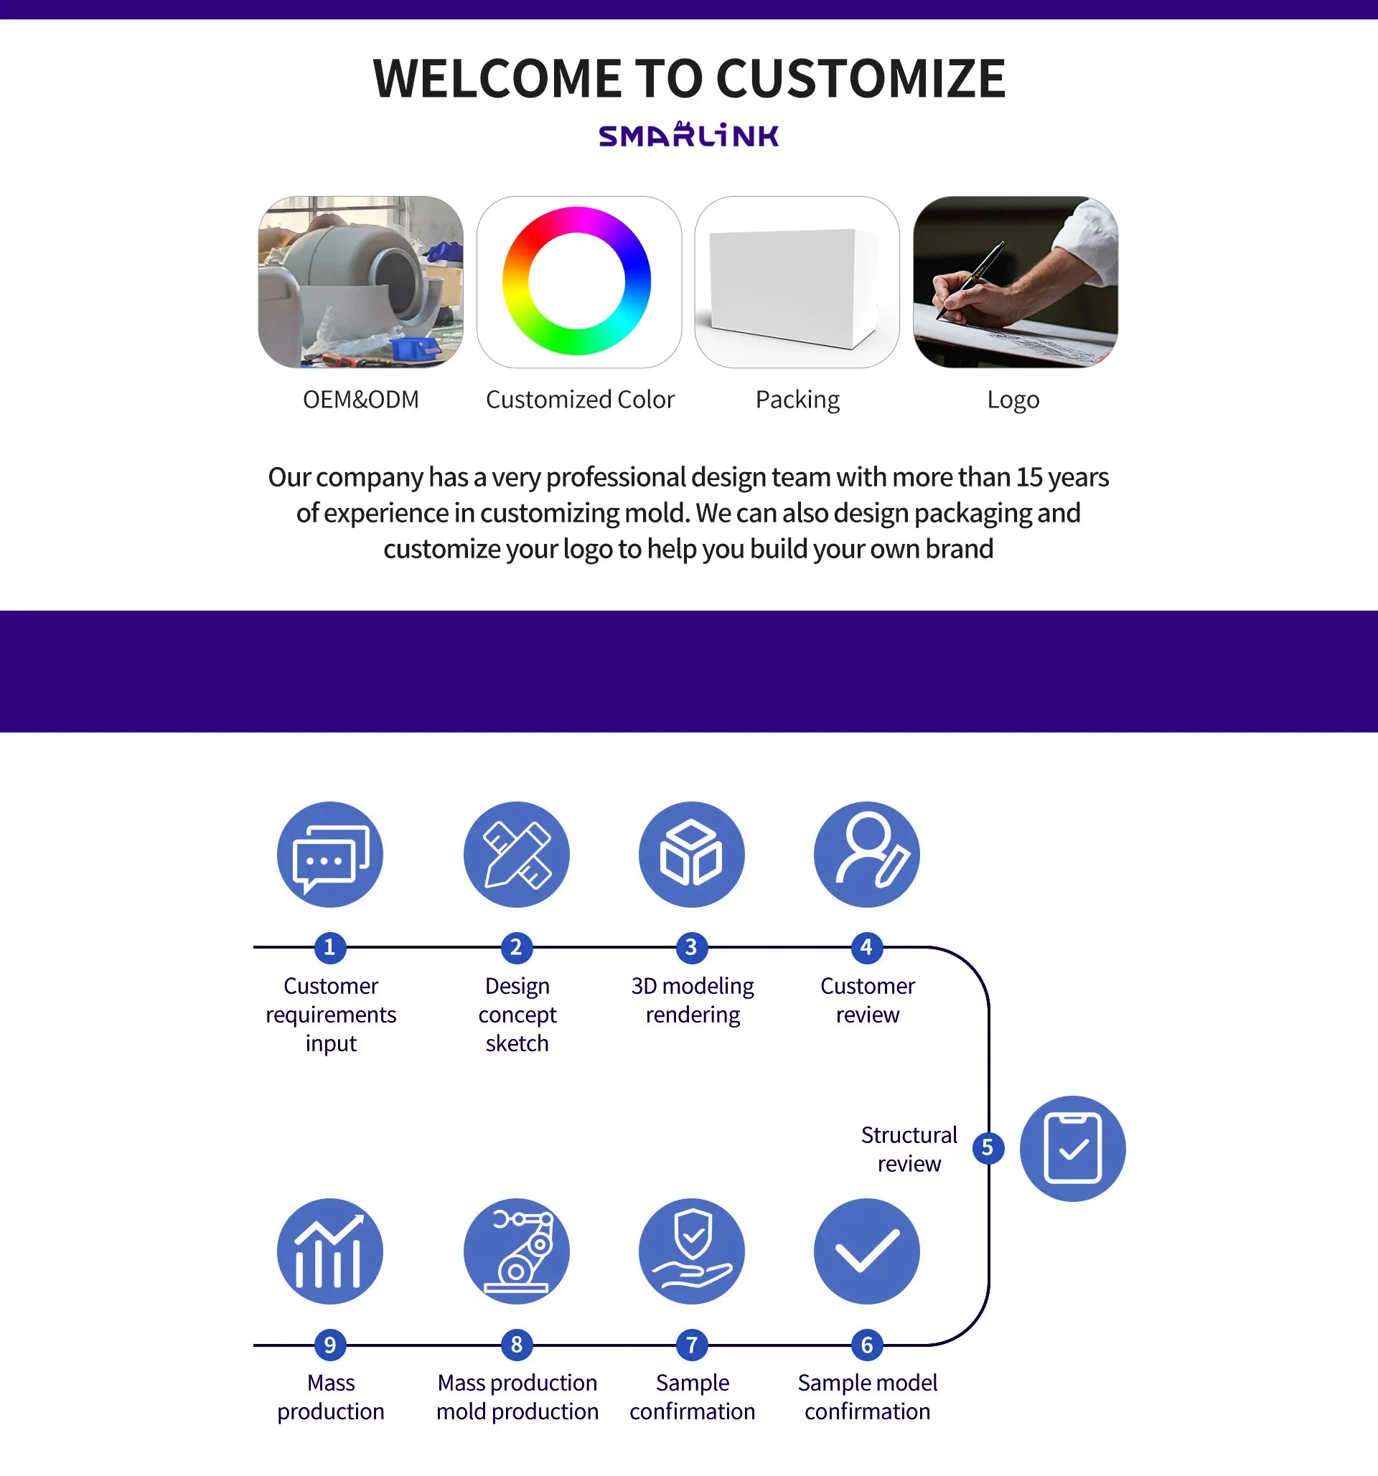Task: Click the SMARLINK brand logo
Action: pos(688,135)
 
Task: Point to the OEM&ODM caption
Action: pos(361,400)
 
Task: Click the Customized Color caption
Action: pos(580,400)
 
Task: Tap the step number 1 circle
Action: pos(329,947)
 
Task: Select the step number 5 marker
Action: pos(988,1148)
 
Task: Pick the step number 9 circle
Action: pos(329,1345)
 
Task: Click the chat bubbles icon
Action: pos(330,855)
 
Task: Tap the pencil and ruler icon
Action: pos(517,855)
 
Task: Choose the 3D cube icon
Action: pos(691,855)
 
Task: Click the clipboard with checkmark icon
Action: pos(1072,1149)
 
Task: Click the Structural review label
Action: pos(909,1149)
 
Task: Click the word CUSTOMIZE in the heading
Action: pos(861,79)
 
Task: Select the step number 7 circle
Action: pos(691,1345)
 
